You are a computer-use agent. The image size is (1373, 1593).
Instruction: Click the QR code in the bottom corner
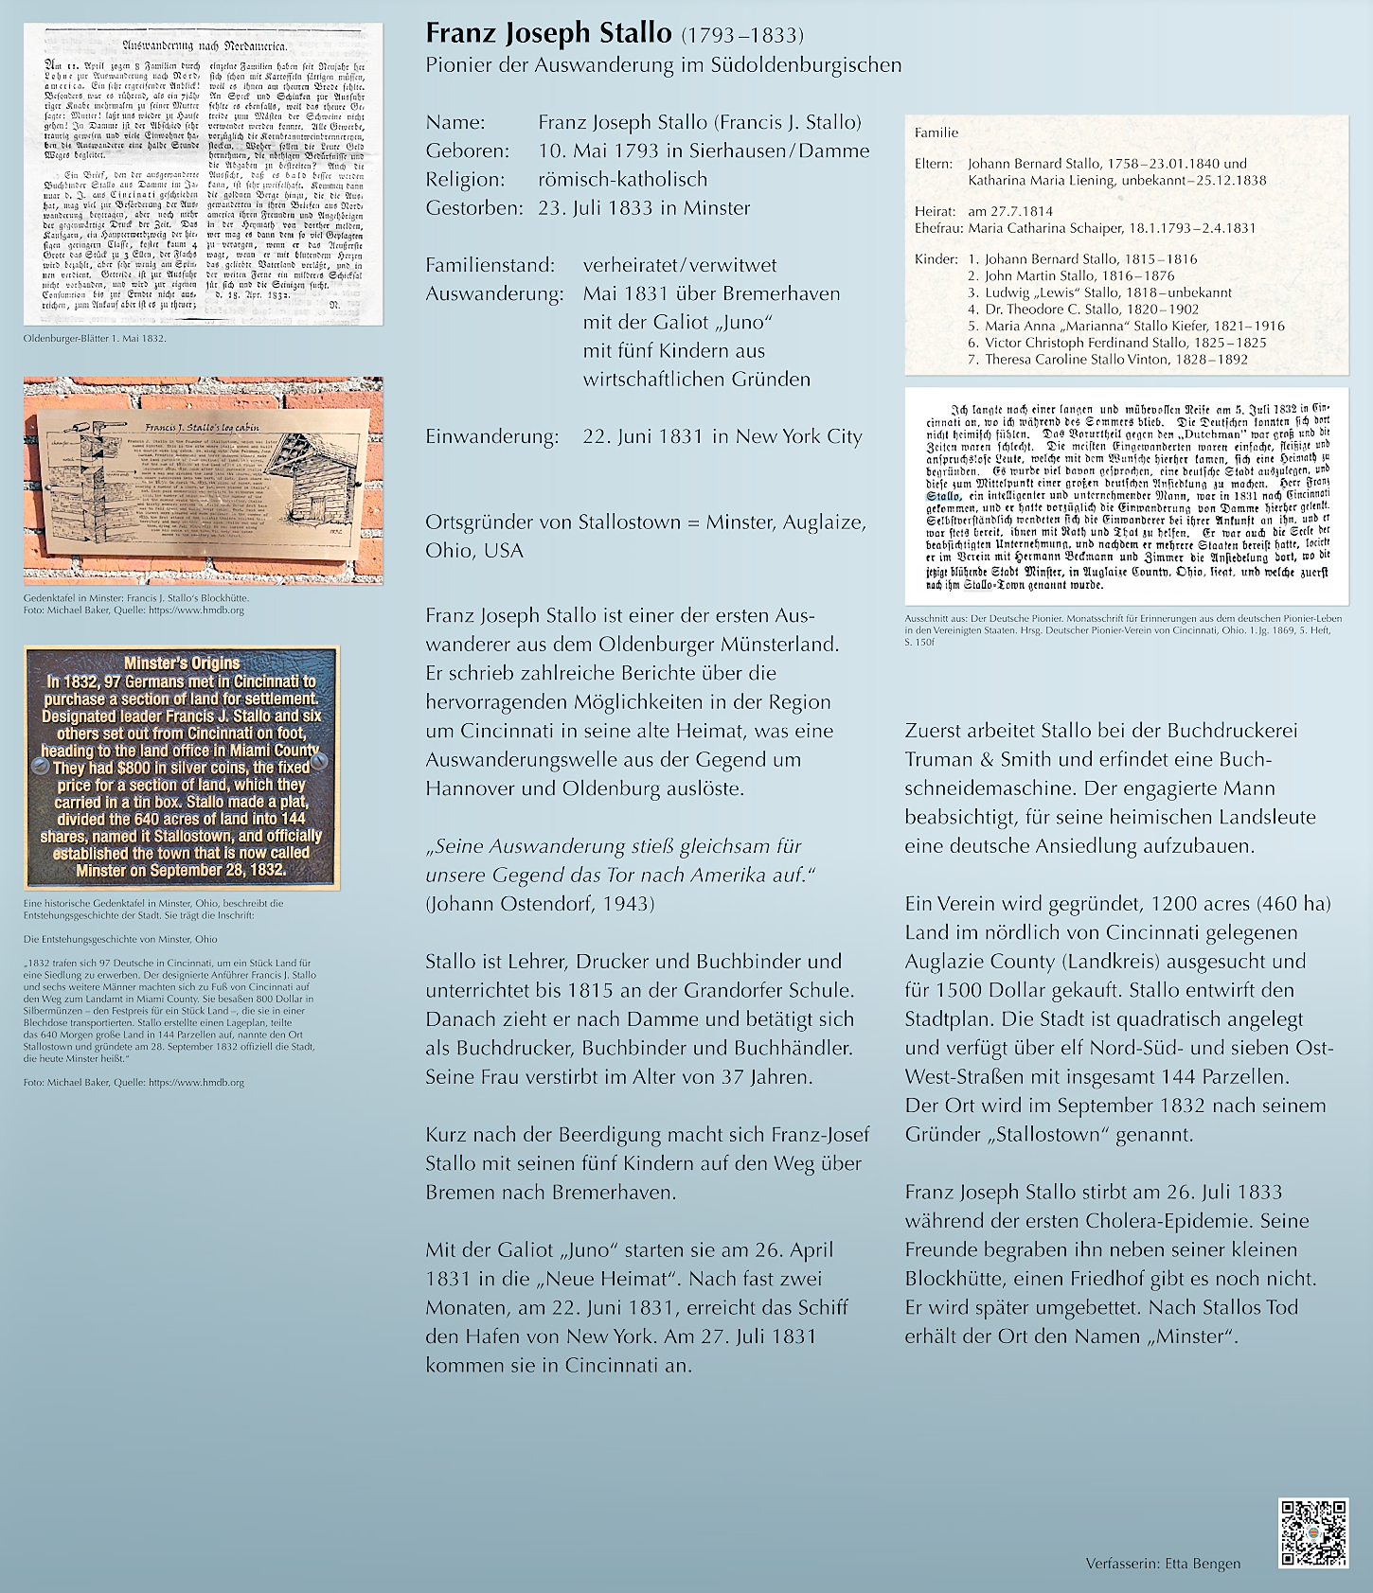coord(1312,1532)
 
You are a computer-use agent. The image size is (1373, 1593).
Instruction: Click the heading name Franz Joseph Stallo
coord(548,34)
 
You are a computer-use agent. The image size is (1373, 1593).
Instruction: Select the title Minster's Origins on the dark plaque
coord(182,663)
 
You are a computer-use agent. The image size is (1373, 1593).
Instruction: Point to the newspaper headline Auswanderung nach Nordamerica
coord(205,45)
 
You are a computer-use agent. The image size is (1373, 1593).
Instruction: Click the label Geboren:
coord(467,150)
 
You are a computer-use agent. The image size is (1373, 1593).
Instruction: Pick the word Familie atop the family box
coord(936,133)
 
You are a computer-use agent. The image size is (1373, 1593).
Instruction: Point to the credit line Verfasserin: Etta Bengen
coord(1163,1563)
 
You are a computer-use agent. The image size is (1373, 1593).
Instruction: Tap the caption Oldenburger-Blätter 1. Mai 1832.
coord(95,338)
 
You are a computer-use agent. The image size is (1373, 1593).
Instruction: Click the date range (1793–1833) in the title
coord(742,36)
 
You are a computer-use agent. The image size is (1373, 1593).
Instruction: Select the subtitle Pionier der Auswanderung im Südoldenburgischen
coord(663,65)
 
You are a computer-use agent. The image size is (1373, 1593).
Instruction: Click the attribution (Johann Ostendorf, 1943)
coord(540,903)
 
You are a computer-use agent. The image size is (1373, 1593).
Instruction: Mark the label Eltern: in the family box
coord(933,164)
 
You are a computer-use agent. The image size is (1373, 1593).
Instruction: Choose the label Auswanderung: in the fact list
coord(494,293)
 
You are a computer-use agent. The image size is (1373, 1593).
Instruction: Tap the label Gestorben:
coord(473,207)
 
